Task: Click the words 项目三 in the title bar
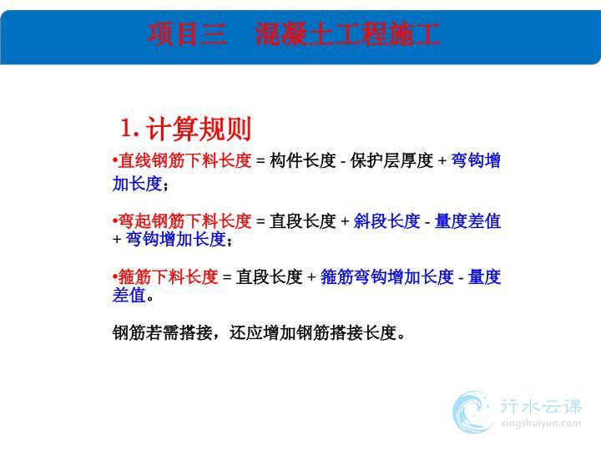coord(187,34)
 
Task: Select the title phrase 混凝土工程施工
coord(347,34)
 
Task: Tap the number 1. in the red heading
coord(130,128)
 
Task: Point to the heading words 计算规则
coord(199,129)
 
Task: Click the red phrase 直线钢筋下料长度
coord(184,160)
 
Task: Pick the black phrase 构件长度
coord(303,160)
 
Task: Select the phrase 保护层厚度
coord(391,160)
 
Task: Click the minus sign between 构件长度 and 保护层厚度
coord(343,161)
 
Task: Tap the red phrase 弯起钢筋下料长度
coord(184,220)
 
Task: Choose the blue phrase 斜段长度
coord(386,220)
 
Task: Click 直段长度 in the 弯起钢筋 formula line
coord(303,220)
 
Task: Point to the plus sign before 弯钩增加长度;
coord(117,240)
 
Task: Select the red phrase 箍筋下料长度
coord(168,276)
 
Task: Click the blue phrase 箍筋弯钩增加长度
coord(387,276)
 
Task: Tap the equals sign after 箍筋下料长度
coord(227,277)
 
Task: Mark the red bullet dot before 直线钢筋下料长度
coord(114,160)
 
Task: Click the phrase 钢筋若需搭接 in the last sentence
coord(163,332)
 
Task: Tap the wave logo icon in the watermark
coord(472,412)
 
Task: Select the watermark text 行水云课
coord(541,406)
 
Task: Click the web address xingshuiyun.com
coord(541,423)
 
